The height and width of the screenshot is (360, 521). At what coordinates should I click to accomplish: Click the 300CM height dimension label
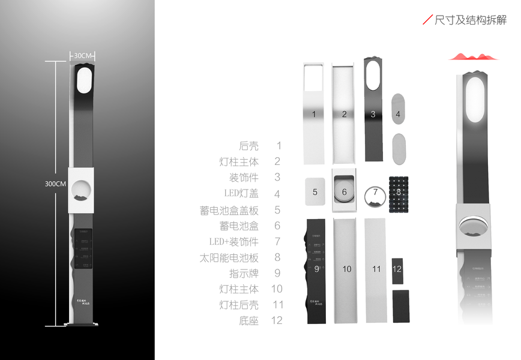pos(55,184)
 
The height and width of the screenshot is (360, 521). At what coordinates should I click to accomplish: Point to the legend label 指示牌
pos(243,273)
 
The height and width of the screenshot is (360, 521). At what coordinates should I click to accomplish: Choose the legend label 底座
pos(248,320)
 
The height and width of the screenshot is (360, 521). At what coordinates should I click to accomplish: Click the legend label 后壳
pos(248,146)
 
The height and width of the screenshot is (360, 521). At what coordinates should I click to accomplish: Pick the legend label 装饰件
pos(243,178)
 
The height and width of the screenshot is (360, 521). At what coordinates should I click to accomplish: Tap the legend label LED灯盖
pos(241,194)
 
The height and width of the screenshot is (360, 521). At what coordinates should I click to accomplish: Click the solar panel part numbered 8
pos(399,193)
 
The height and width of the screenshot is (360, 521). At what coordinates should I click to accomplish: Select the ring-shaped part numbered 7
pos(375,196)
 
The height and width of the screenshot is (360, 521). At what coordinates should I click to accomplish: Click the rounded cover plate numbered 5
pos(315,192)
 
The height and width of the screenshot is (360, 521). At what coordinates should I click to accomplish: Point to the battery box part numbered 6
pos(344,191)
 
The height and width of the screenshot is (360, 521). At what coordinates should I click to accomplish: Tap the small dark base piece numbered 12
pos(397,269)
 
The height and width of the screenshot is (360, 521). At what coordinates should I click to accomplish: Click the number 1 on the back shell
pos(315,114)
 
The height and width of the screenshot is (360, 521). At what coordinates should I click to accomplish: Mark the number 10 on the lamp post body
pos(346,269)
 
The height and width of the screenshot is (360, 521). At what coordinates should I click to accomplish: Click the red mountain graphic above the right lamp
pos(473,56)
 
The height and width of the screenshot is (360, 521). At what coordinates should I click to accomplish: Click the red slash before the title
pos(427,20)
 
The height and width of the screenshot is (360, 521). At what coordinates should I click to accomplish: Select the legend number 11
pos(277,304)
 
